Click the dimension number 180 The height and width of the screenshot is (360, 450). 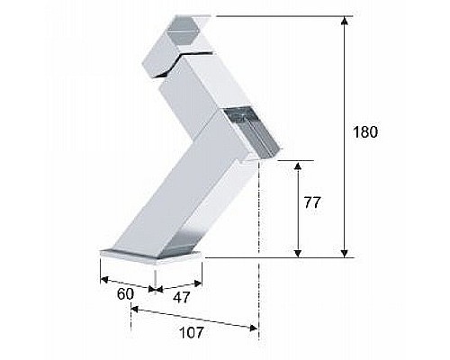(x=365, y=132)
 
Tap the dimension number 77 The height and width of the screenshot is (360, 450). (x=312, y=202)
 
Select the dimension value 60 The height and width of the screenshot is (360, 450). (x=125, y=294)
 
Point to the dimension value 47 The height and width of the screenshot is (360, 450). (x=182, y=297)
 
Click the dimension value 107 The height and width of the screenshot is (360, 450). (x=192, y=332)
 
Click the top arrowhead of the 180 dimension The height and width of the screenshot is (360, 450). (x=345, y=21)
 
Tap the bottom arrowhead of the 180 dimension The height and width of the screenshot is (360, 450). (x=345, y=253)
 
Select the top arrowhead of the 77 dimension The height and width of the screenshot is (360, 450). (x=298, y=166)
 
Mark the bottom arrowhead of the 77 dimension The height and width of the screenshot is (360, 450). (x=298, y=253)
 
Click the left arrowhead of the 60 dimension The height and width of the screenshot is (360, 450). (x=103, y=280)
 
